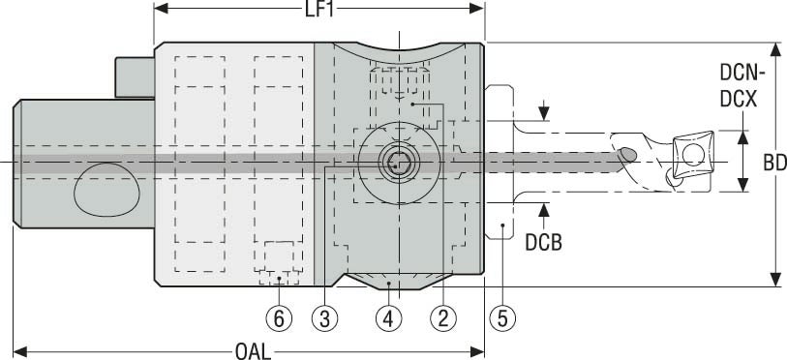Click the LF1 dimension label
[319, 9]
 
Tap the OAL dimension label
[253, 351]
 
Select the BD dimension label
[775, 163]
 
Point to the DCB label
[544, 243]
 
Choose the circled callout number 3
[324, 317]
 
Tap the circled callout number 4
[389, 317]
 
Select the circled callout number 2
[443, 317]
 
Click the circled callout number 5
[502, 317]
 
